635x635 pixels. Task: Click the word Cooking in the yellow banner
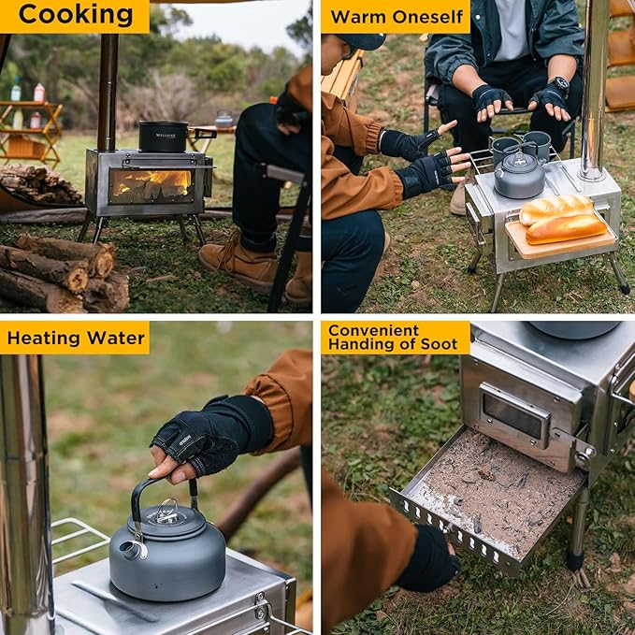(x=76, y=15)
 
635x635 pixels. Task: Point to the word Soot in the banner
(x=439, y=345)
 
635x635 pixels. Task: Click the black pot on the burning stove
(x=164, y=137)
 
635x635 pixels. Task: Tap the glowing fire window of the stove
(x=152, y=186)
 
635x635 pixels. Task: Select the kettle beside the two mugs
(x=520, y=176)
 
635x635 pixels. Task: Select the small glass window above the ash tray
(x=514, y=414)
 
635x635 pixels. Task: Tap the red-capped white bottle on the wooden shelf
(x=39, y=93)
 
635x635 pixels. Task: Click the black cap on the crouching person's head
(x=362, y=41)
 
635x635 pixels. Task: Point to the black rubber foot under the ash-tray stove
(x=575, y=562)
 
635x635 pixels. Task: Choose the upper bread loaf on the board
(x=556, y=209)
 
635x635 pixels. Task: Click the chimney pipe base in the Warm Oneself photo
(x=593, y=173)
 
